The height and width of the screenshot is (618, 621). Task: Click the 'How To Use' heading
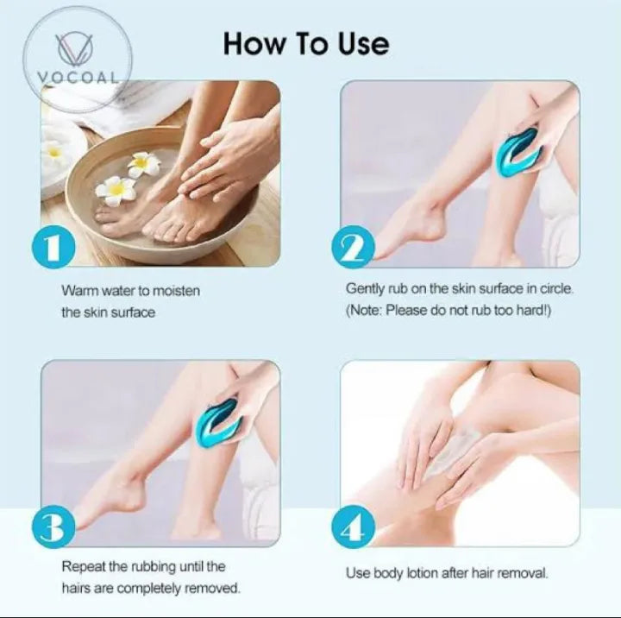pos(306,42)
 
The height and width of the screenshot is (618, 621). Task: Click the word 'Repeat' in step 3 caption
pos(81,567)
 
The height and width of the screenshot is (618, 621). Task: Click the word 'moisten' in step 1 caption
pos(178,291)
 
